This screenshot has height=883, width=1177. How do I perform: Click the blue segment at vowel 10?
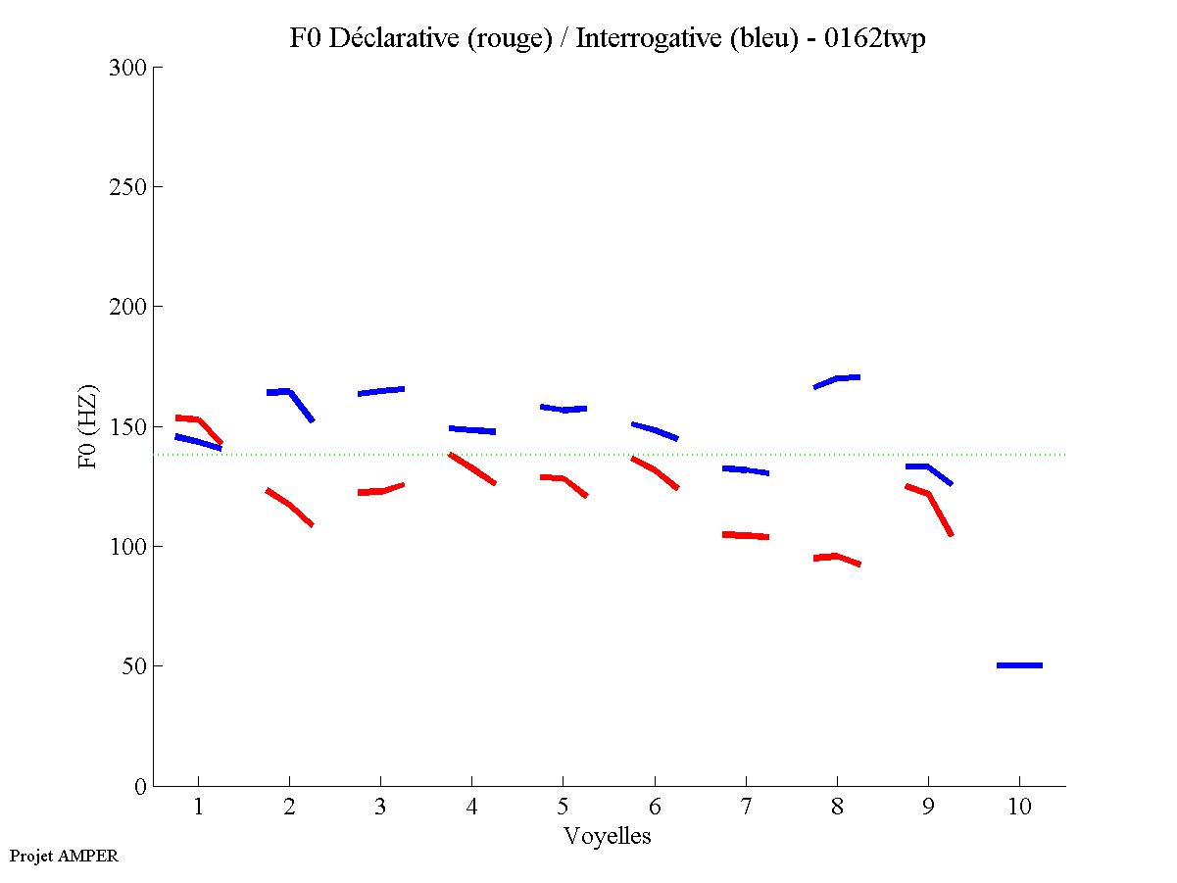[x=1019, y=665]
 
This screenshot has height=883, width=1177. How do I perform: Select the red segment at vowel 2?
[x=290, y=506]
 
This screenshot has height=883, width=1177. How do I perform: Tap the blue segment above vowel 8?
[x=837, y=379]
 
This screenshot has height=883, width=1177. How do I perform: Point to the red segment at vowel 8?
[x=835, y=557]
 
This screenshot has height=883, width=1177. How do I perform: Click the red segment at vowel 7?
[x=745, y=535]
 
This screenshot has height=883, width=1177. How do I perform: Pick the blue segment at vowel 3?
[x=381, y=391]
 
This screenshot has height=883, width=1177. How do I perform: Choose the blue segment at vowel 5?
[x=564, y=409]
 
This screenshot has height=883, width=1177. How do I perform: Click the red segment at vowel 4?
[x=472, y=468]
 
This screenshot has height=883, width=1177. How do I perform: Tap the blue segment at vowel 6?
[x=655, y=430]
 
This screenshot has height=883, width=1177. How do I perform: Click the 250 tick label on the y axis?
[x=127, y=187]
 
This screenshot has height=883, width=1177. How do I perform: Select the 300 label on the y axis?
[x=127, y=68]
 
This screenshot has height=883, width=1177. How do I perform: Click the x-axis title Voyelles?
[x=608, y=836]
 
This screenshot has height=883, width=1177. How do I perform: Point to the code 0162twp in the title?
[x=876, y=38]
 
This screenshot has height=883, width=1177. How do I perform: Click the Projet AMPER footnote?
[x=64, y=856]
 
